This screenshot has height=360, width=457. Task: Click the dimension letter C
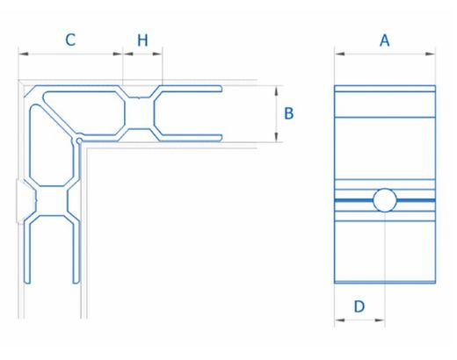(70, 40)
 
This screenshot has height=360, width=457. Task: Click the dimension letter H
(142, 40)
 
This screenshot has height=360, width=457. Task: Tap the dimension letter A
(385, 40)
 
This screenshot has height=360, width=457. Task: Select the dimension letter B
(289, 113)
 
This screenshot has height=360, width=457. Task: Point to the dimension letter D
(359, 306)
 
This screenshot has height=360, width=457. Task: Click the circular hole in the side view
(385, 200)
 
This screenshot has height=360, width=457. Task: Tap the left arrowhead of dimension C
(24, 54)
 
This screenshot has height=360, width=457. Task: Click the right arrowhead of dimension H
(157, 54)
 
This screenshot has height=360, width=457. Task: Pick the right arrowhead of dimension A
(431, 54)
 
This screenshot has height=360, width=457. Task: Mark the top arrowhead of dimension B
(276, 90)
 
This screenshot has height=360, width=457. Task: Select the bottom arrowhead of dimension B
(276, 137)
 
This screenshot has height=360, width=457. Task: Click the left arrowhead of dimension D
(339, 320)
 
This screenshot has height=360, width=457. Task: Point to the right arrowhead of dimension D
(380, 320)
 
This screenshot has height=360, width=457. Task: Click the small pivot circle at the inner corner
(79, 140)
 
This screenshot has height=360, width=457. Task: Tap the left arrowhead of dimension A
(339, 54)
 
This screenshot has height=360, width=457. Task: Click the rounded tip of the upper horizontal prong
(221, 89)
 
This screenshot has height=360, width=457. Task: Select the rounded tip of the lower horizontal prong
(221, 138)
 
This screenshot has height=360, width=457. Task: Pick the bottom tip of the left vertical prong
(27, 282)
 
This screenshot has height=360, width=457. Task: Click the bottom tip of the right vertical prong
(76, 282)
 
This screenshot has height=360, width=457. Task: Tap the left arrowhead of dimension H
(128, 54)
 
